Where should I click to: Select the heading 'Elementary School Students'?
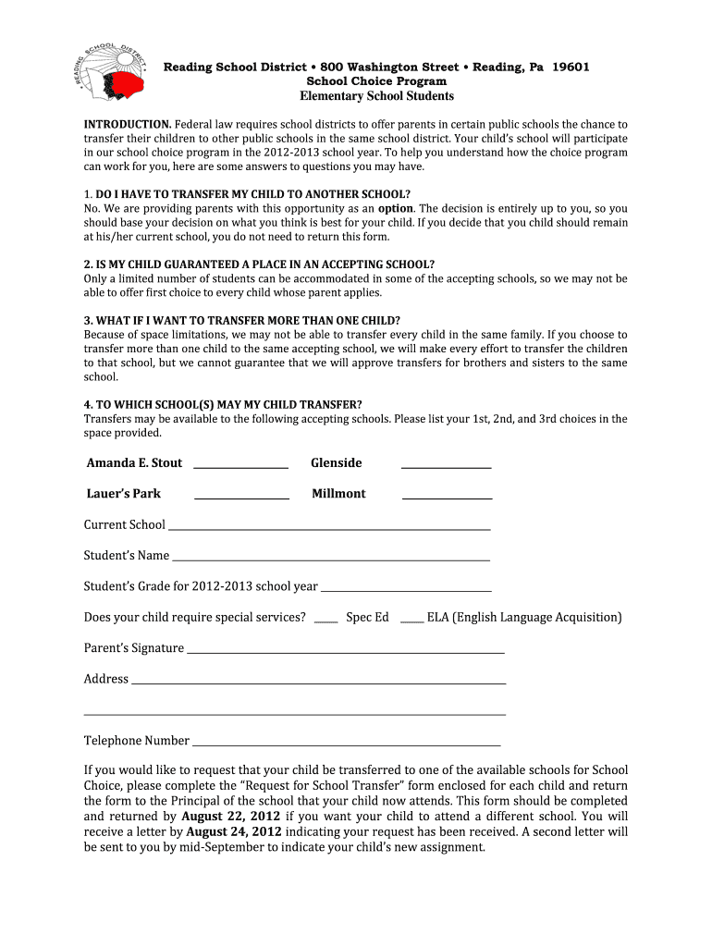pyautogui.click(x=376, y=96)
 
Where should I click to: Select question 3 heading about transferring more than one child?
pyautogui.click(x=242, y=320)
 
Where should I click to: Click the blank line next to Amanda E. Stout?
pyautogui.click(x=241, y=467)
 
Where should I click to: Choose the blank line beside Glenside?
pyautogui.click(x=446, y=467)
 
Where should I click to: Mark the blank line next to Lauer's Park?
pyautogui.click(x=241, y=498)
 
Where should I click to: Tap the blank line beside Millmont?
pyautogui.click(x=447, y=498)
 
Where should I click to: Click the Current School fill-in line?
pyautogui.click(x=328, y=528)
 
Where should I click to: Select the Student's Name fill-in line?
pyautogui.click(x=331, y=560)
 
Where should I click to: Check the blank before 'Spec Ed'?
pyautogui.click(x=325, y=621)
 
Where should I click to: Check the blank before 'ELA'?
pyautogui.click(x=411, y=621)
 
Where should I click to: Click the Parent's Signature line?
pyautogui.click(x=346, y=652)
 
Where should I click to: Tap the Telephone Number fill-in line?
pyautogui.click(x=346, y=744)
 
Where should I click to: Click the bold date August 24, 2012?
pyautogui.click(x=234, y=831)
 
